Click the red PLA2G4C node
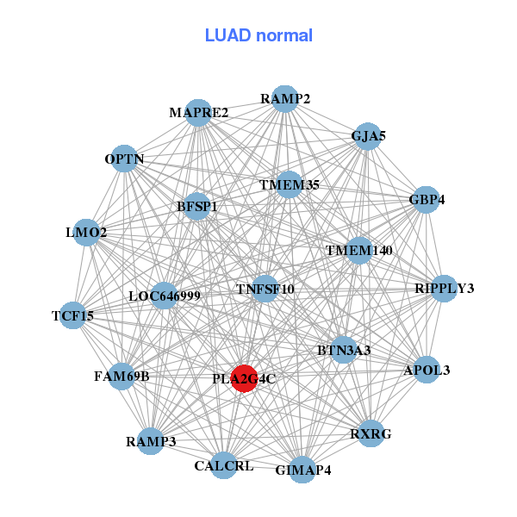click(245, 378)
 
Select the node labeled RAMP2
click(284, 98)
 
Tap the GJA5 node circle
click(367, 136)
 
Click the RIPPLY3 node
click(443, 288)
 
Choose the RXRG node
click(370, 433)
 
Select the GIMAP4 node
click(302, 470)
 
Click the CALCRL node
click(224, 465)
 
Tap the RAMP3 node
click(151, 441)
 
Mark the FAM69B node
click(121, 376)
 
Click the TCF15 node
click(73, 316)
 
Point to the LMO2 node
click(86, 233)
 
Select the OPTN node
click(124, 159)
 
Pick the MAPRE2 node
click(198, 113)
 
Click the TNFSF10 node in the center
click(265, 289)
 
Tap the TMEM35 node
click(290, 184)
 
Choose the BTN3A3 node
click(344, 350)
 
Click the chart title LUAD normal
click(258, 35)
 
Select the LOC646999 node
click(164, 296)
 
